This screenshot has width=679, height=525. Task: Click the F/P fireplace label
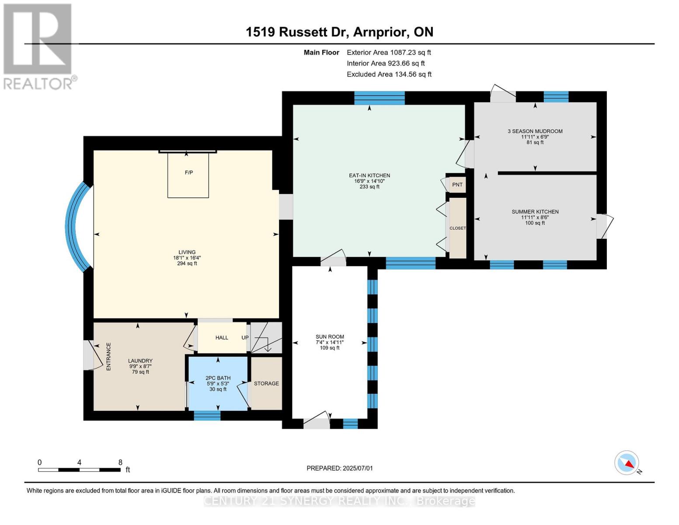pyautogui.click(x=188, y=172)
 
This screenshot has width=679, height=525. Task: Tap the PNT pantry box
pyautogui.click(x=457, y=185)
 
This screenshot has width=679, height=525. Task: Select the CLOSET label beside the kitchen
pyautogui.click(x=457, y=228)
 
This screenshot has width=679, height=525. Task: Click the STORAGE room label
pyautogui.click(x=266, y=383)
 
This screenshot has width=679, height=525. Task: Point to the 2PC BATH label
pyautogui.click(x=218, y=378)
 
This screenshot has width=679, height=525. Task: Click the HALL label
pyautogui.click(x=222, y=337)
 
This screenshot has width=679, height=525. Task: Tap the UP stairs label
pyautogui.click(x=245, y=337)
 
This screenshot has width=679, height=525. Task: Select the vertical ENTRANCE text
pyautogui.click(x=108, y=357)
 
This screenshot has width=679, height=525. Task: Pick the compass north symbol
pyautogui.click(x=627, y=463)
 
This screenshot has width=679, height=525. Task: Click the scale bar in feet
pyautogui.click(x=79, y=469)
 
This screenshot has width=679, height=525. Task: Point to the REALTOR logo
pyautogui.click(x=38, y=46)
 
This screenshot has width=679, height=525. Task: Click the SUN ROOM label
pyautogui.click(x=330, y=337)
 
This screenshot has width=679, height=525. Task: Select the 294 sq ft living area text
pyautogui.click(x=187, y=263)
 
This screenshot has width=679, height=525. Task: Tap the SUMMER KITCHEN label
pyautogui.click(x=535, y=212)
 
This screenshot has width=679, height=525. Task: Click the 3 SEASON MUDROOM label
pyautogui.click(x=535, y=131)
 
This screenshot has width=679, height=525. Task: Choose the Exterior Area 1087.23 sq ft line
pyautogui.click(x=389, y=52)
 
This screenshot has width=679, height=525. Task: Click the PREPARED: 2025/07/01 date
pyautogui.click(x=339, y=468)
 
